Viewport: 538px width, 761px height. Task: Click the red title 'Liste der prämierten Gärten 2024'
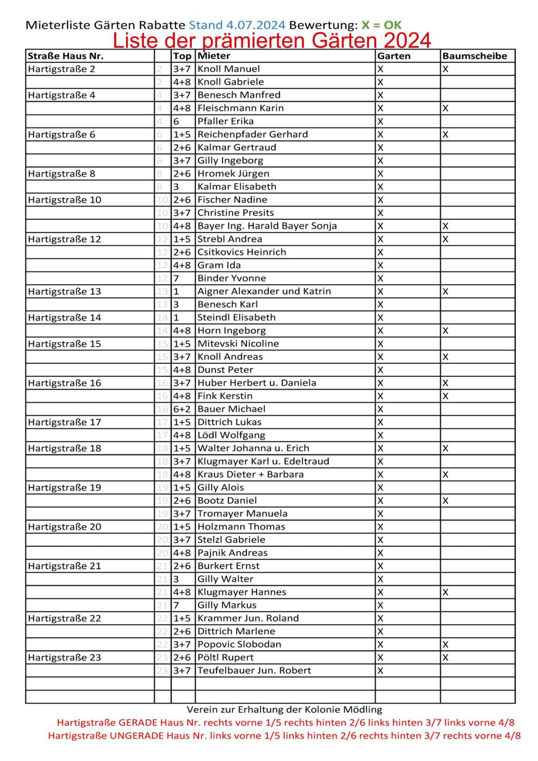pos(272,40)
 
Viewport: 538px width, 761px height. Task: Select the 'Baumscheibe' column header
pos(474,56)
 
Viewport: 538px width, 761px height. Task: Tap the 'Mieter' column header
pos(214,56)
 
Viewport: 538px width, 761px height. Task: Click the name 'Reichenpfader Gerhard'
pos(252,134)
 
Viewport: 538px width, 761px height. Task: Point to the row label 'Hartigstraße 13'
pos(65,291)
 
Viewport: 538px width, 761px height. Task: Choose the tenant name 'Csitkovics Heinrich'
pos(242,252)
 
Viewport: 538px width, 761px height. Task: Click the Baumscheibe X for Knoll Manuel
pos(445,69)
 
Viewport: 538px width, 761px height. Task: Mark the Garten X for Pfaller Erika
pos(380,121)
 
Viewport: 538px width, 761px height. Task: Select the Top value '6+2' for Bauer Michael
pos(182,409)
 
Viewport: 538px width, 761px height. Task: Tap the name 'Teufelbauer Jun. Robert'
pos(254,670)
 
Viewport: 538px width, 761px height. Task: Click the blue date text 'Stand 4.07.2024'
pos(237,25)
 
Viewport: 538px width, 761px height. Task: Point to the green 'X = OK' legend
pos(382,25)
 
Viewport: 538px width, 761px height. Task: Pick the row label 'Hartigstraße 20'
pos(65,527)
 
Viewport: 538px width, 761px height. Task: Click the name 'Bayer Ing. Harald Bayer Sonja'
pos(267,226)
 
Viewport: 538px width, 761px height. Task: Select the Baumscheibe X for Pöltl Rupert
pos(445,657)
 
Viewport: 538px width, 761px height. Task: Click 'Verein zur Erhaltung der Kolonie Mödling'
pos(284,709)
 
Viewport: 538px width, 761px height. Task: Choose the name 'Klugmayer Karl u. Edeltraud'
pos(263,461)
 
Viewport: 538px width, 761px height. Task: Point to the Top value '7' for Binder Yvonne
pos(177,278)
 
